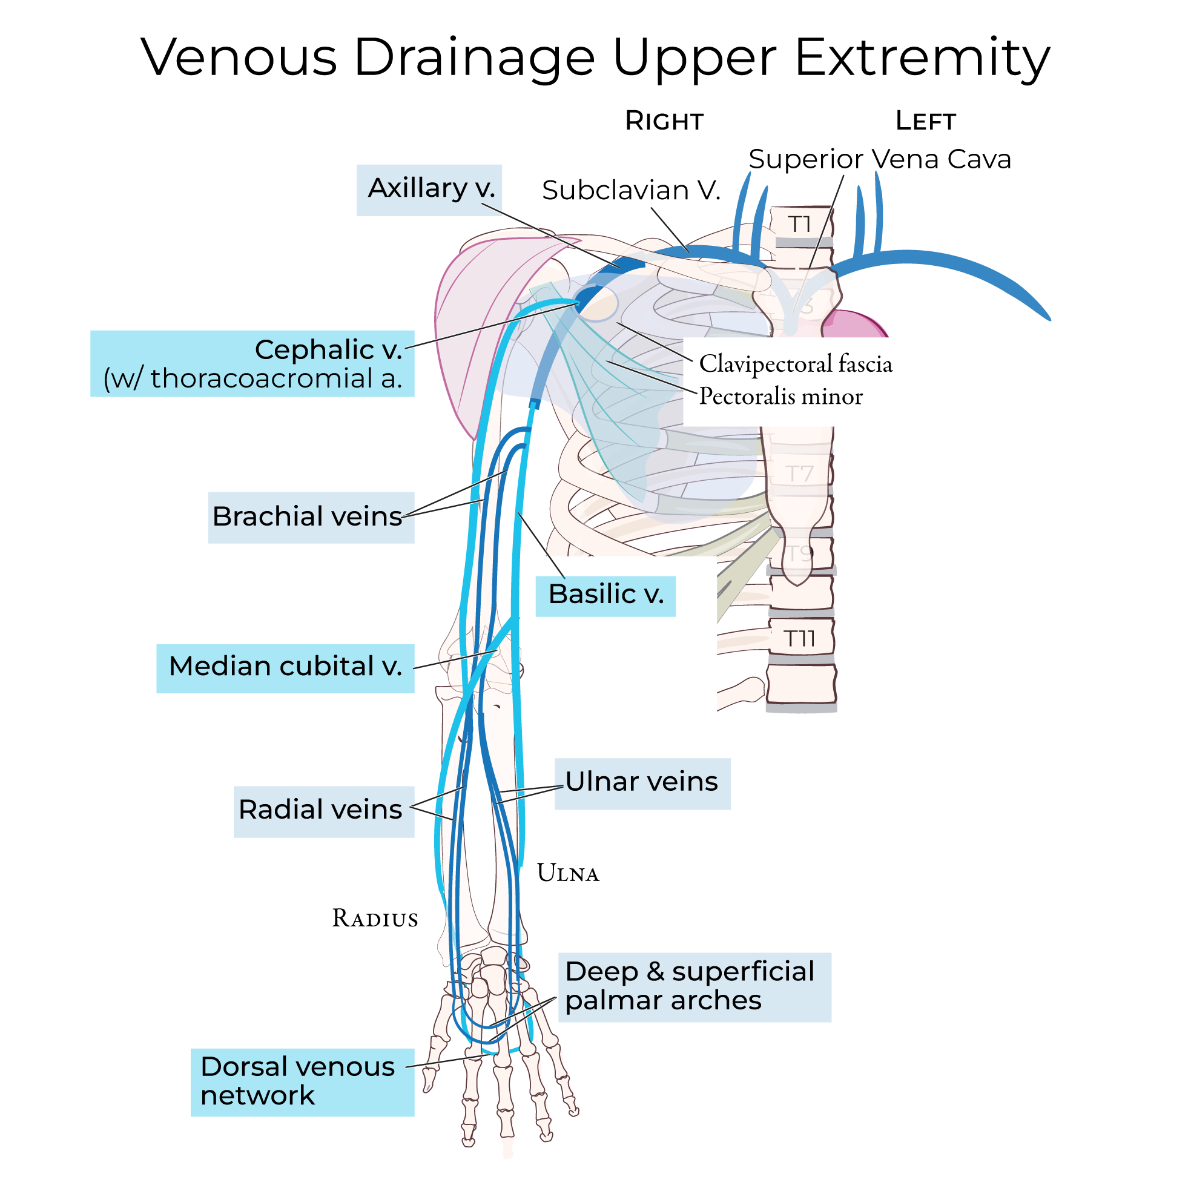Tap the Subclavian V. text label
click(631, 191)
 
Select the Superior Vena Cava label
click(879, 159)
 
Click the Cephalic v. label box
click(252, 364)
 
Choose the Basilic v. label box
click(605, 595)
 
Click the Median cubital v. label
click(285, 667)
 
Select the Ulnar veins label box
click(642, 782)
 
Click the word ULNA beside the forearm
click(568, 874)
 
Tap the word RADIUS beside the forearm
click(375, 919)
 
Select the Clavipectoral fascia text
click(795, 365)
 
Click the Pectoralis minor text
click(780, 397)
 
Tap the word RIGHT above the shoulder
click(664, 122)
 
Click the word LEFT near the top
click(925, 122)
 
